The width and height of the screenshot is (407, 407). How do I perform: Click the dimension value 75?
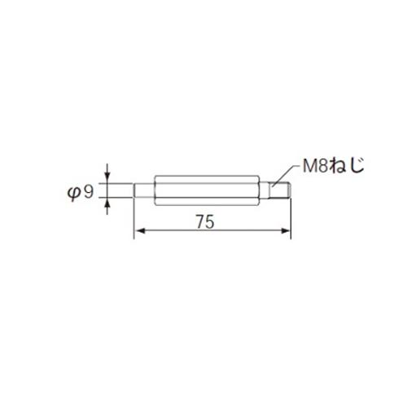click(x=205, y=222)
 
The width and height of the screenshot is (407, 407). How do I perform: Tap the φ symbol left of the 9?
click(x=74, y=193)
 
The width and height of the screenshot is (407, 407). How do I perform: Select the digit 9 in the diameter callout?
click(x=88, y=192)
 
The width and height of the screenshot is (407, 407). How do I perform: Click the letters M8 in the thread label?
click(x=316, y=166)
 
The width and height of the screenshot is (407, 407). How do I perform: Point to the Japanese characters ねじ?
click(x=347, y=165)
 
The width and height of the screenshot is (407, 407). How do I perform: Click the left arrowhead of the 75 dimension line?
click(x=139, y=231)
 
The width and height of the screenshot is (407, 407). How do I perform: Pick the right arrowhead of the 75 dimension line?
click(x=286, y=231)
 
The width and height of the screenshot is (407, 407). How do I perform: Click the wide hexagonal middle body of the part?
click(x=207, y=190)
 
